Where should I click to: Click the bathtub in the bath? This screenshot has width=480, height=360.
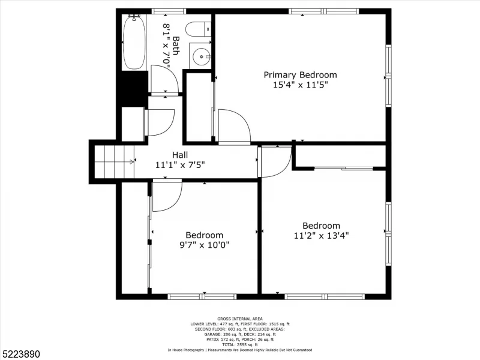coord(134,43)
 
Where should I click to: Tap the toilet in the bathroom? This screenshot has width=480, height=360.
coord(198,29)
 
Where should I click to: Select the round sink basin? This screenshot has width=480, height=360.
coord(202,56)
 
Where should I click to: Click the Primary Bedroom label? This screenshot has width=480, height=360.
coord(301,75)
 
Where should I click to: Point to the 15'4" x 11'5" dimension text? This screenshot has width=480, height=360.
coord(301,85)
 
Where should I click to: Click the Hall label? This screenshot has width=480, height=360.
coord(180,155)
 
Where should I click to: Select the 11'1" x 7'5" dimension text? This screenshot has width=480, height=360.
coord(180,166)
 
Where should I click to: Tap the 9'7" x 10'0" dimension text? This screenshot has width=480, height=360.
coord(204,245)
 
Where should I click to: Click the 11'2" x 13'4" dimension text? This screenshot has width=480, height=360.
coord(322,236)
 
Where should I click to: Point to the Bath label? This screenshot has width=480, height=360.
coord(176,46)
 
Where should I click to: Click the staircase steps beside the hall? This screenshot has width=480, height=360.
coord(115,161)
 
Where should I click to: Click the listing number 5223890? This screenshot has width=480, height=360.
coord(20,354)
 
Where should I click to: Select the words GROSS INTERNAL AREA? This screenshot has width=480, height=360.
coord(240,319)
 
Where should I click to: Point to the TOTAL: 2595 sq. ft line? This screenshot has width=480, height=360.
coord(240,344)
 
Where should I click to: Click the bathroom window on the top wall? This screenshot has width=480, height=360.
coord(169,11)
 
